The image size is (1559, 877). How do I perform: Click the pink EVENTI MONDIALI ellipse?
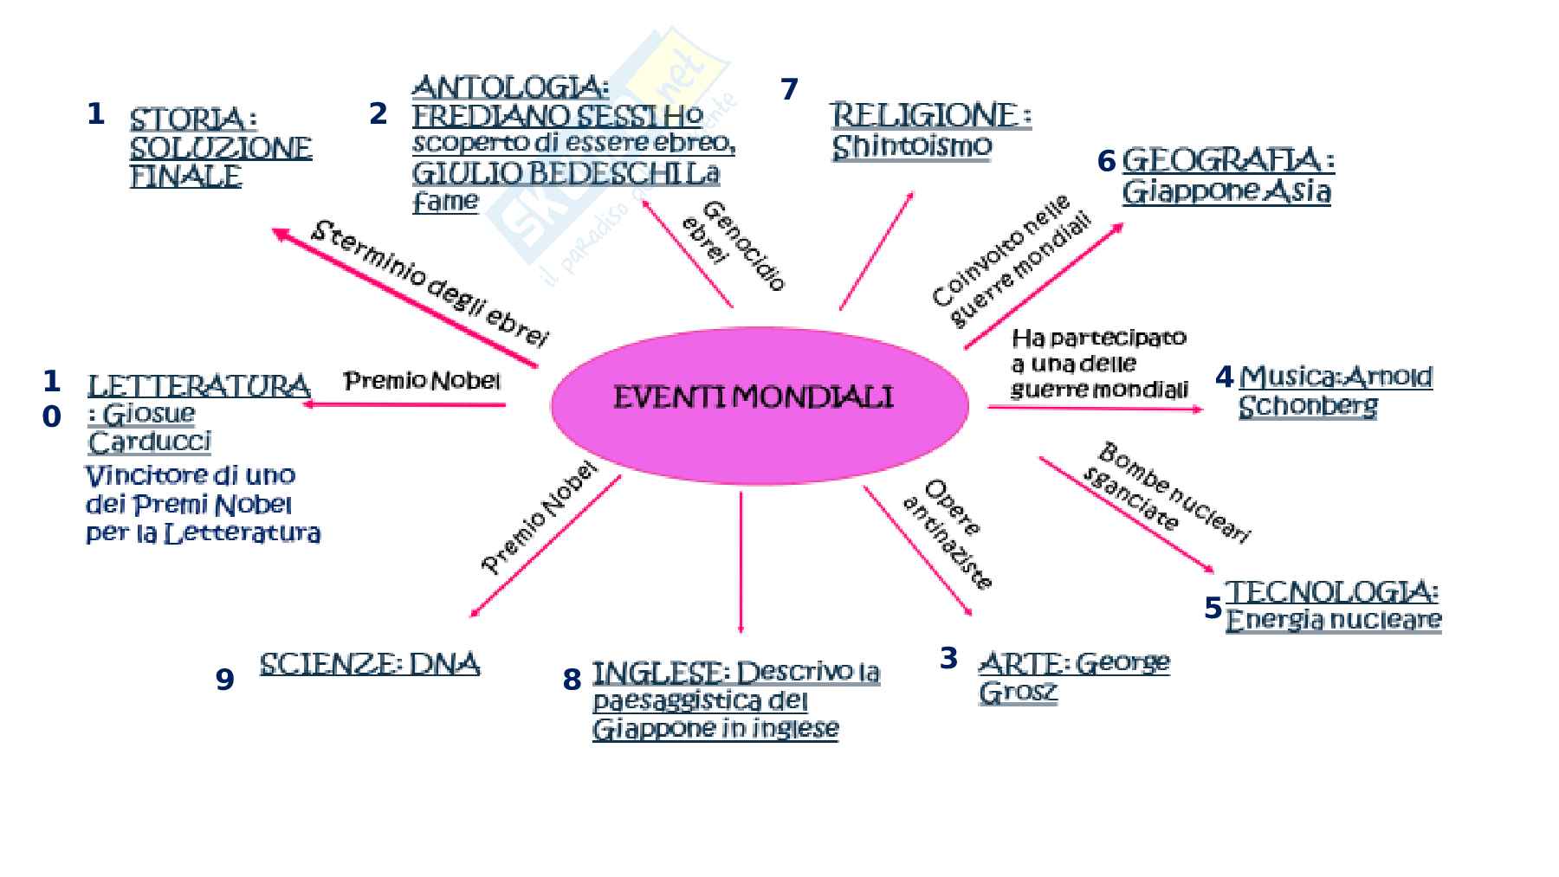pos(759,403)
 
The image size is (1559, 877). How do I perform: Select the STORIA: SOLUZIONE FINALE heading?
pos(220,147)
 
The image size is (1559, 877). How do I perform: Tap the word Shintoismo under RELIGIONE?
pos(911,146)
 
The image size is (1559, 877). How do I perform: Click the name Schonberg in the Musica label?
pos(1307,406)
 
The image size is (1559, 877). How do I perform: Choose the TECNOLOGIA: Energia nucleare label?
pos(1333,606)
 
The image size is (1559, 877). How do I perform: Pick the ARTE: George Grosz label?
pos(1073,677)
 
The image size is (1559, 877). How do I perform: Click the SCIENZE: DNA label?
pos(370,664)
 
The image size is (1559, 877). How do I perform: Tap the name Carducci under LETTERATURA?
pos(150,442)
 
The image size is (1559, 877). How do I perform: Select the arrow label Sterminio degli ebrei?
pos(430,283)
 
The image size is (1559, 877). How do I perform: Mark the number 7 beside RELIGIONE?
pos(789,89)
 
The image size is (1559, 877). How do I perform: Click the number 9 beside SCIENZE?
pos(224,680)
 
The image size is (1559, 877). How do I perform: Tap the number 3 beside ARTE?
pos(948,658)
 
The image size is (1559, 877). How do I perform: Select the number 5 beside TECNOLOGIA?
pos(1213,609)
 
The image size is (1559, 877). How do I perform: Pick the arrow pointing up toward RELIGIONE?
pos(876,250)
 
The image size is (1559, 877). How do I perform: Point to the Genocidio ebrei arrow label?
pos(734,246)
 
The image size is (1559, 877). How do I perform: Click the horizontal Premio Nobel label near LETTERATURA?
pos(422,381)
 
